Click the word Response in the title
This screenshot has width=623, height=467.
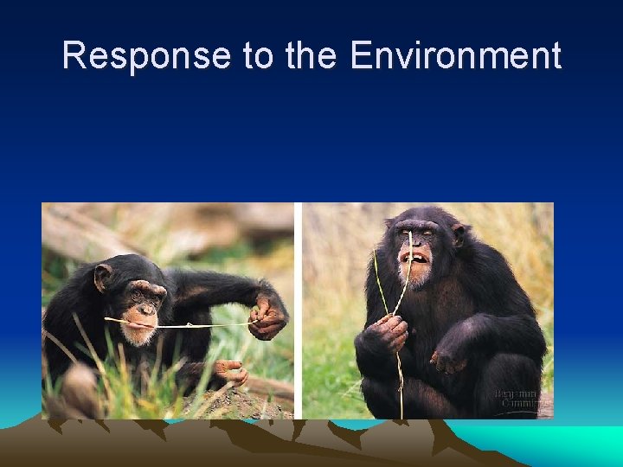[x=146, y=56]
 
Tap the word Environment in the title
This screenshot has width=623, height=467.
[x=455, y=56]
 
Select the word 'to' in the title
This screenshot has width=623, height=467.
[x=258, y=56]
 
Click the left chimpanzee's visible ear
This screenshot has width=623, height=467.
[x=103, y=278]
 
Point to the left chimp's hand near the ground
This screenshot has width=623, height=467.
[x=230, y=373]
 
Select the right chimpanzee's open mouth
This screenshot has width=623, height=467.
[x=414, y=257]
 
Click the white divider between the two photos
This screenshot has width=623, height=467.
[x=298, y=311]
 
